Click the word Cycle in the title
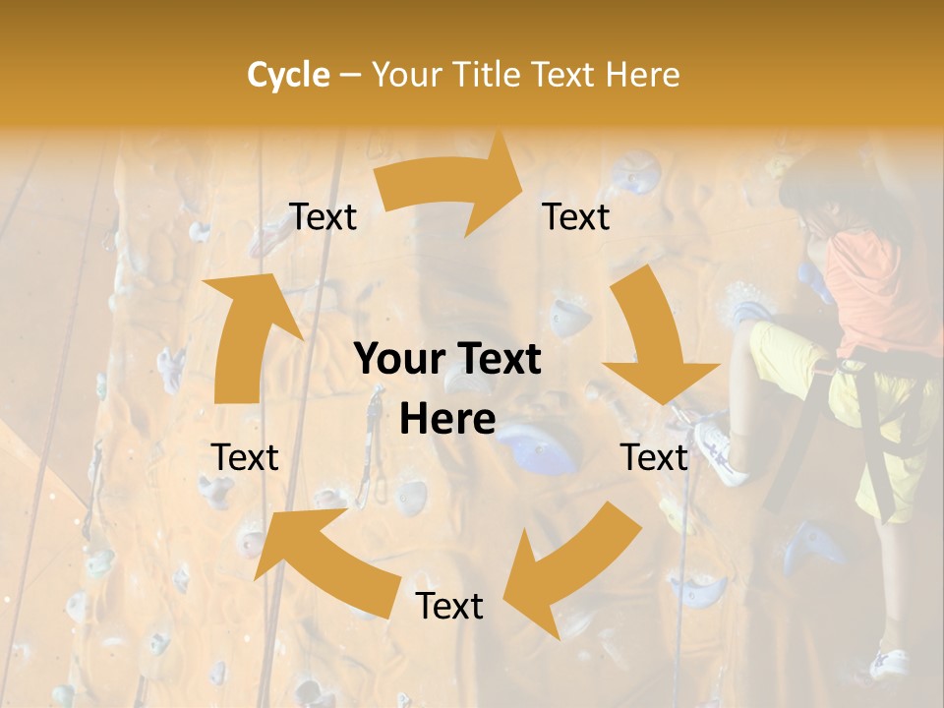click(x=288, y=74)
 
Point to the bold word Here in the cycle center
click(x=447, y=420)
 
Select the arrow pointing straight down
click(x=654, y=339)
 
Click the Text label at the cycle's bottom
click(x=449, y=606)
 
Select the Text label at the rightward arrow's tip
click(x=576, y=216)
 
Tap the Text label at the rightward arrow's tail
click(x=323, y=217)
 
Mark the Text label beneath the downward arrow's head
click(x=654, y=457)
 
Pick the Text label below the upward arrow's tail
click(x=245, y=457)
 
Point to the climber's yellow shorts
click(x=787, y=354)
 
